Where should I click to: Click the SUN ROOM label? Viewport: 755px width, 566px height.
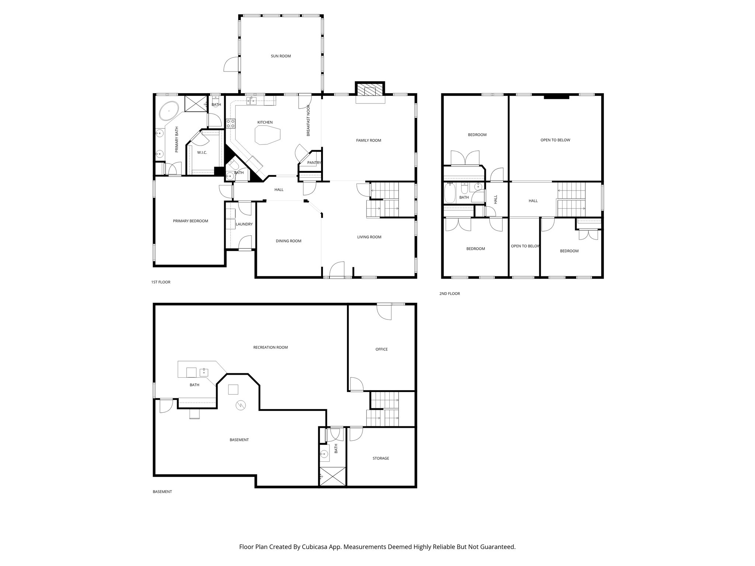(x=281, y=56)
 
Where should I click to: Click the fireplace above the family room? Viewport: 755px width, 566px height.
(x=370, y=90)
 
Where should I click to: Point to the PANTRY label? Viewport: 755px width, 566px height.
(x=314, y=163)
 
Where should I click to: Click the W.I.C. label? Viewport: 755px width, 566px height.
(x=202, y=153)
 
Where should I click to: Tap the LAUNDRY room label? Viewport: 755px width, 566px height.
(x=244, y=224)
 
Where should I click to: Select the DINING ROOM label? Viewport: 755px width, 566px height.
(x=288, y=241)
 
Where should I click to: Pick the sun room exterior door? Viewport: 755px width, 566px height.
(x=230, y=65)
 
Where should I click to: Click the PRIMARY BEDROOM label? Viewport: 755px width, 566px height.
(x=190, y=221)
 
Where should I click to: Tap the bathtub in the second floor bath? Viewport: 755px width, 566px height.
(x=449, y=193)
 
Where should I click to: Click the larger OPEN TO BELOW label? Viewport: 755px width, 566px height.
(x=555, y=140)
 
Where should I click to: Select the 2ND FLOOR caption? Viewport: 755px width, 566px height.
(x=449, y=294)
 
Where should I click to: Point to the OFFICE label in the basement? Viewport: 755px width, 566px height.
(x=381, y=349)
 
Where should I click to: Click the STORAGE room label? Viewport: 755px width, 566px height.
(x=380, y=458)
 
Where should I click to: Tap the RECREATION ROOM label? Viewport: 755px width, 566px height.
(x=270, y=347)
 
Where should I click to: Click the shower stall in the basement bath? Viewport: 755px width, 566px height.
(x=333, y=476)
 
